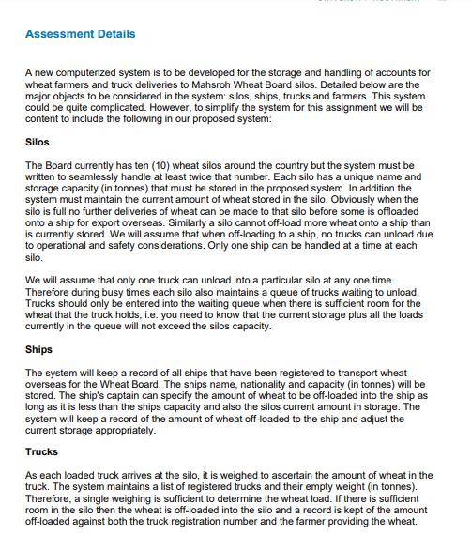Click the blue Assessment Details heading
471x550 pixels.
pyautogui.click(x=80, y=34)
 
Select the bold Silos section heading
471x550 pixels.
pyautogui.click(x=39, y=143)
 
